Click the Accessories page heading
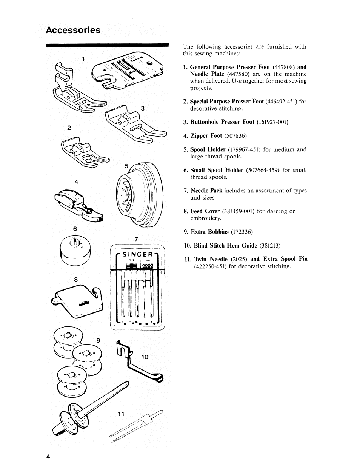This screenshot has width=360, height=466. [73, 30]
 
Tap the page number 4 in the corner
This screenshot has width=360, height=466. [48, 456]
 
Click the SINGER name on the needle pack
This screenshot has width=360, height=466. [137, 255]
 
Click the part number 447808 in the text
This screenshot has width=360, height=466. [284, 67]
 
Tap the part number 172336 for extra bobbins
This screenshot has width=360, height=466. [242, 232]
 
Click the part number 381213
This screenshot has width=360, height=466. [270, 246]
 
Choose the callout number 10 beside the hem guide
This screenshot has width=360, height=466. [145, 357]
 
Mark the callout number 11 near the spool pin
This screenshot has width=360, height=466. [121, 414]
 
